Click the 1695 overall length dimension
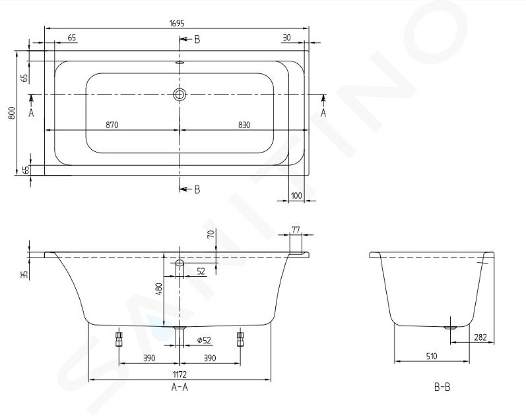[177, 23]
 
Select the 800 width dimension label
[12, 113]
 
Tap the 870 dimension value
[112, 125]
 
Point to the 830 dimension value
[244, 125]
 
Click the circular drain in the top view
[180, 94]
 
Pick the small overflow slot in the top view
[180, 63]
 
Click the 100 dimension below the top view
[296, 195]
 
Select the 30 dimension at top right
[286, 38]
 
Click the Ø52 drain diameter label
[204, 341]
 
